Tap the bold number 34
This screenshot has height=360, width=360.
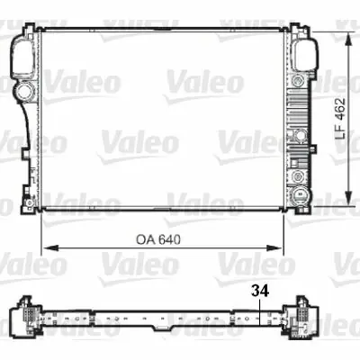[259, 290]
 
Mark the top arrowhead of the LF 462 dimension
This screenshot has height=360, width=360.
[346, 37]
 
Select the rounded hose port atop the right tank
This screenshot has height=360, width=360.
[304, 54]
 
